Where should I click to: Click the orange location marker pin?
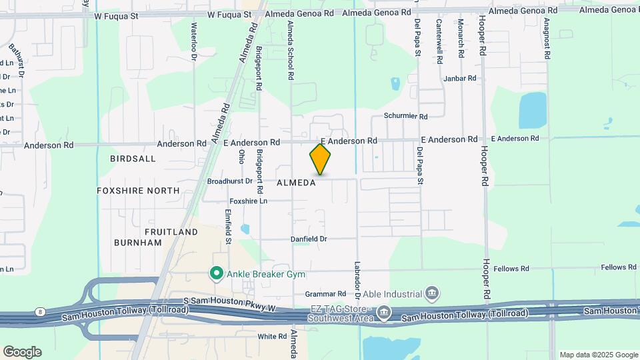320,159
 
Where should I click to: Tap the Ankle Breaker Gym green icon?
216,273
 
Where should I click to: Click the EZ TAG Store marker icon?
383,312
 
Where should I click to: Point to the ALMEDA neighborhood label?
296,183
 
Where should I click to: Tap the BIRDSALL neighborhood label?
133,159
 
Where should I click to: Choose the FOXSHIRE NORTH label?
138,191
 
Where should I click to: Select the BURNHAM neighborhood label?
138,243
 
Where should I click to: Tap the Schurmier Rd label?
405,116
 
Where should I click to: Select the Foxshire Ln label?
248,201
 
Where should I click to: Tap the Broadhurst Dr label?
230,181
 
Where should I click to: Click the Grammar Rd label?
325,293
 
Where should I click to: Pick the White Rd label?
272,337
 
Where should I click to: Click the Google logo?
22,352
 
